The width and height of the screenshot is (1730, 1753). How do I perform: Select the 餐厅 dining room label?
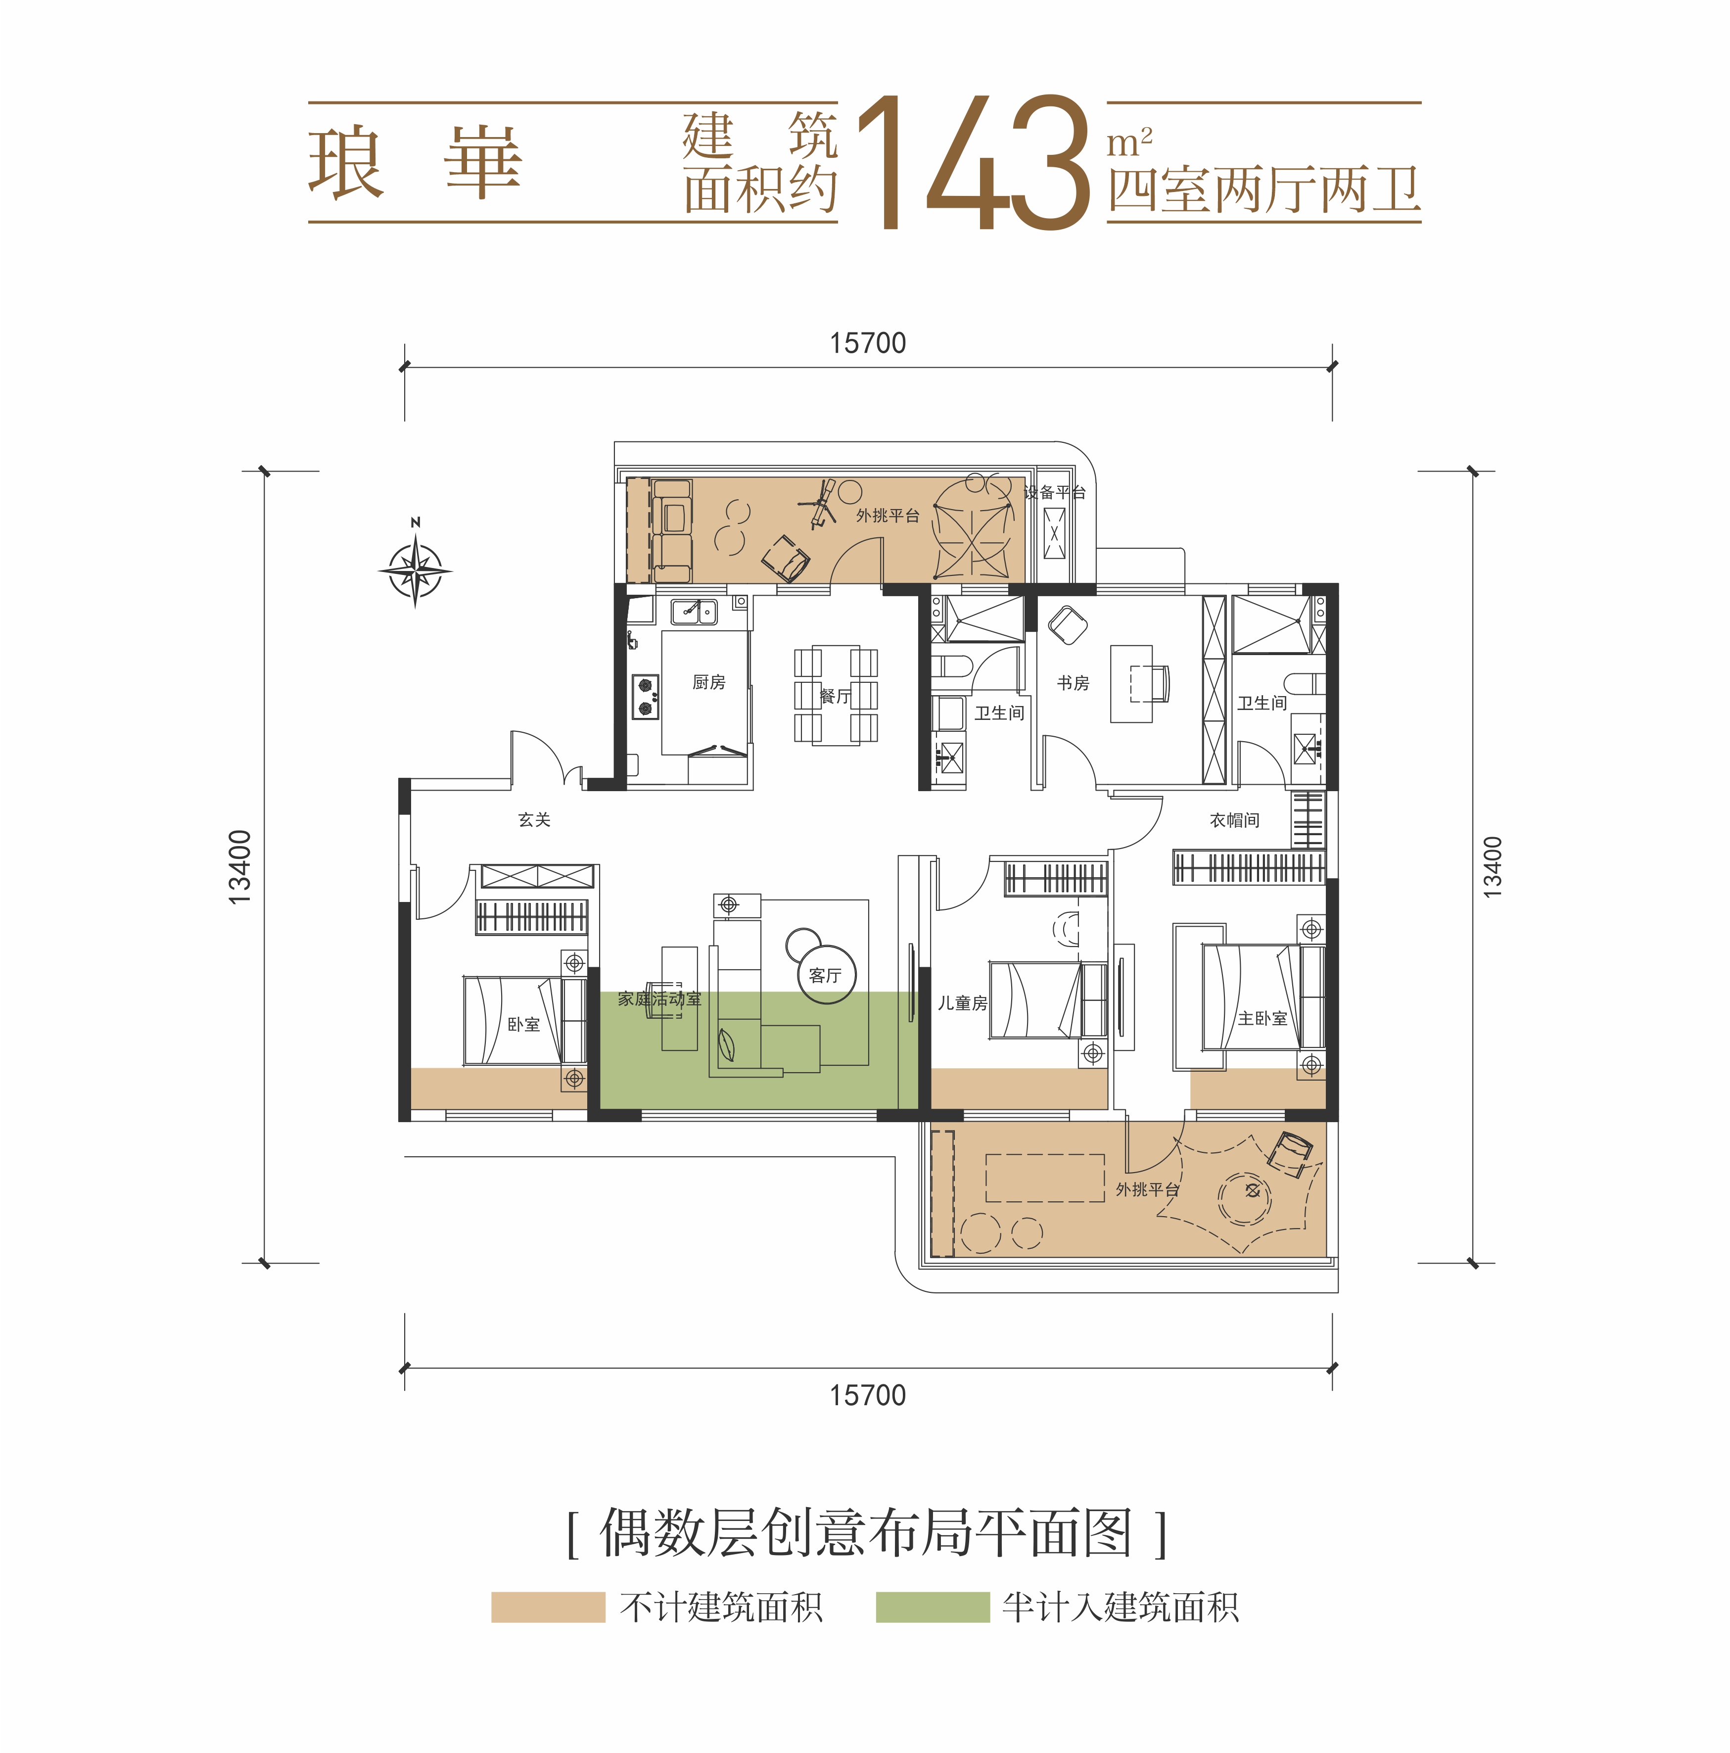(x=835, y=697)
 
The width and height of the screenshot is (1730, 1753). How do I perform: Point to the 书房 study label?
(x=1073, y=683)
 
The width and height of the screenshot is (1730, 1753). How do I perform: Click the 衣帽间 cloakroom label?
(x=1234, y=820)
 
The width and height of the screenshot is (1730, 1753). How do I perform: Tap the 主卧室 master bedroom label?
(x=1262, y=1019)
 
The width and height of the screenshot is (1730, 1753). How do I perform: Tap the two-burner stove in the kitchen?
(x=645, y=697)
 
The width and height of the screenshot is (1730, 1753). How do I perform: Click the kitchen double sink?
(x=694, y=613)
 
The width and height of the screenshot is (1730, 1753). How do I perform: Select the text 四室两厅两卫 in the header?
(x=1263, y=191)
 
